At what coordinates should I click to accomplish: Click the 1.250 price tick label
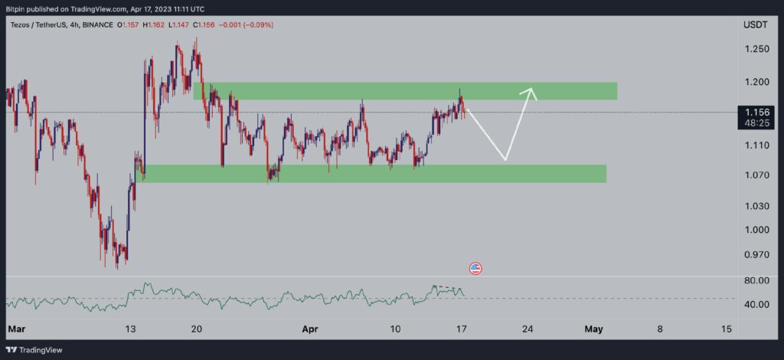pos(756,49)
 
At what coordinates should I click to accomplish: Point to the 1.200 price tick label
pos(756,82)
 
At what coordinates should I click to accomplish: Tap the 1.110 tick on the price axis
pos(756,145)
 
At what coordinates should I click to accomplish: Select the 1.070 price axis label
pos(756,175)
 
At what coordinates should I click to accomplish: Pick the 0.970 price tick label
pos(756,254)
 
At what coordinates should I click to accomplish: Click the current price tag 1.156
pos(756,112)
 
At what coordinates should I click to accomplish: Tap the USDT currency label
pos(756,25)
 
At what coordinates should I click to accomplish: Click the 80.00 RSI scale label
pos(756,281)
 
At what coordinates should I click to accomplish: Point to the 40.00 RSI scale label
pos(756,305)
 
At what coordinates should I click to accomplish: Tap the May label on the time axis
pos(594,329)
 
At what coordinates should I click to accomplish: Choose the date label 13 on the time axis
pos(131,329)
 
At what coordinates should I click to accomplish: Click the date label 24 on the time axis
pos(528,329)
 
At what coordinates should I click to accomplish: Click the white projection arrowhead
pos(531,92)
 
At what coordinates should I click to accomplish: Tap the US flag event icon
pos(475,268)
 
